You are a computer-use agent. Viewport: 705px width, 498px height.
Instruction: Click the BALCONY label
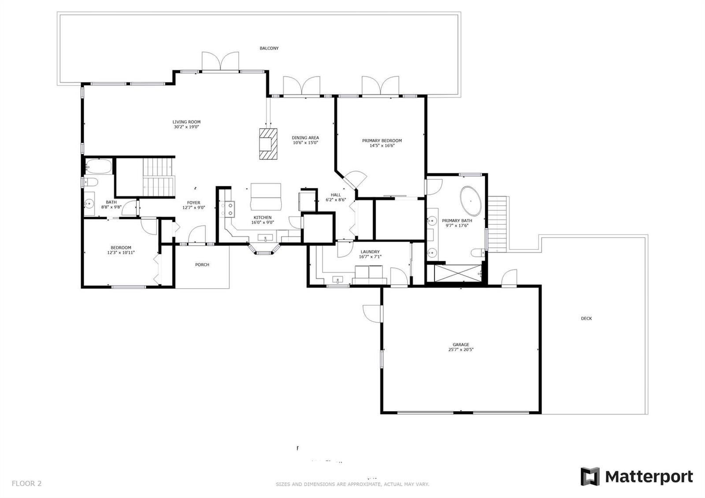[x=269, y=48]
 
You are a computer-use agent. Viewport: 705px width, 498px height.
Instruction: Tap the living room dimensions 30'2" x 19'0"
[x=186, y=127]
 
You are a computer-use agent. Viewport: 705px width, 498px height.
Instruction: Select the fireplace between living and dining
[x=268, y=144]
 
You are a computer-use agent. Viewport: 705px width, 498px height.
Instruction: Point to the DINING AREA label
[x=305, y=138]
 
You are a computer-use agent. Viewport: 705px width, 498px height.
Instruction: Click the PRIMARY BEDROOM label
[x=382, y=141]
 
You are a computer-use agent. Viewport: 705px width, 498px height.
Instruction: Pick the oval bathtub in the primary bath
[x=471, y=201]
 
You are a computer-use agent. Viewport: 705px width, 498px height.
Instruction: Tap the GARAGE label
[x=461, y=345]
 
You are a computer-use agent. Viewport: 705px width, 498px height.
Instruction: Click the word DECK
[x=586, y=319]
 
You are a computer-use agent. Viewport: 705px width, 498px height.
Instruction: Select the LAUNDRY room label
[x=370, y=252]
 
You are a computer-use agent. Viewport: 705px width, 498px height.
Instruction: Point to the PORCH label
[x=202, y=265]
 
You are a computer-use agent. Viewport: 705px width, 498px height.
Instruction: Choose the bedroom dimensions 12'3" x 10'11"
[x=121, y=253]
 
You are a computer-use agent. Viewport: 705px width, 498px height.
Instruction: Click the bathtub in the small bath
[x=99, y=166]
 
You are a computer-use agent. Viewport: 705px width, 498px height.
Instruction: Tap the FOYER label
[x=193, y=203]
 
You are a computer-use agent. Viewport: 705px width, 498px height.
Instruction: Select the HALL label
[x=336, y=195]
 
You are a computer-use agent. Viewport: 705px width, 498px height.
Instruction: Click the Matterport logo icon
[x=590, y=476]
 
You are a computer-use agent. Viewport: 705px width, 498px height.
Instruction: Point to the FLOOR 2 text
[x=26, y=483]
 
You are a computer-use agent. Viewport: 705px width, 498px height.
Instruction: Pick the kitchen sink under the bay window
[x=265, y=238]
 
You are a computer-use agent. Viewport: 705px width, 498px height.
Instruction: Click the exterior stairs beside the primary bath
[x=497, y=223]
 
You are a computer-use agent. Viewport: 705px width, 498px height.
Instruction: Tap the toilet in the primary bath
[x=478, y=253]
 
